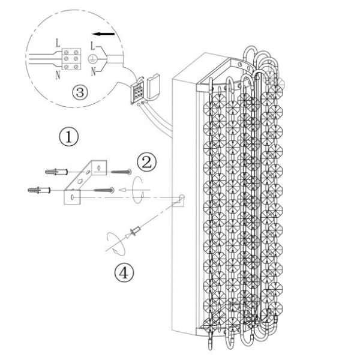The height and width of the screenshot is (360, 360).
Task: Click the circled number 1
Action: (69, 137)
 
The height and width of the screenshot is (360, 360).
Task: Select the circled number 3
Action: (80, 92)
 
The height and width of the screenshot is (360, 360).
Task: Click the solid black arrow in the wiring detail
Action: (103, 34)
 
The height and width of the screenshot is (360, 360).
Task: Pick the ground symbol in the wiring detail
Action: (92, 59)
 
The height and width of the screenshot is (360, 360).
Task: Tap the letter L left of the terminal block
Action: (58, 43)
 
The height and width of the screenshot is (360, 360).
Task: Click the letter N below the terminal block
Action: (58, 75)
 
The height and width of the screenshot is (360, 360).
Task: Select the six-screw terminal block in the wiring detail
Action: (71, 59)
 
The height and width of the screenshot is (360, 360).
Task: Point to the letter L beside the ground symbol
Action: (92, 46)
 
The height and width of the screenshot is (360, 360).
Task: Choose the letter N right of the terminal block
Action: (93, 72)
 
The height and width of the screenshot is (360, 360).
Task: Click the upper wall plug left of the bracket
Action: (56, 172)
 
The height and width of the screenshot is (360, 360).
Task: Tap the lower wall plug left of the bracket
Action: (39, 190)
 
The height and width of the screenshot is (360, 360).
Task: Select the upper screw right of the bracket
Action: (121, 172)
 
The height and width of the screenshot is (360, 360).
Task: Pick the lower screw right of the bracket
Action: (104, 190)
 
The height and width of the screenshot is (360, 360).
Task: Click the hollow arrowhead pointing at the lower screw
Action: (122, 190)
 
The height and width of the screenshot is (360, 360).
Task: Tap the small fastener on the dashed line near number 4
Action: (136, 230)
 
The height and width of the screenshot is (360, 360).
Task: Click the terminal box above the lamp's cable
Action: (138, 91)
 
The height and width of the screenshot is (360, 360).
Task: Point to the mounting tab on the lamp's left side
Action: (179, 200)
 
